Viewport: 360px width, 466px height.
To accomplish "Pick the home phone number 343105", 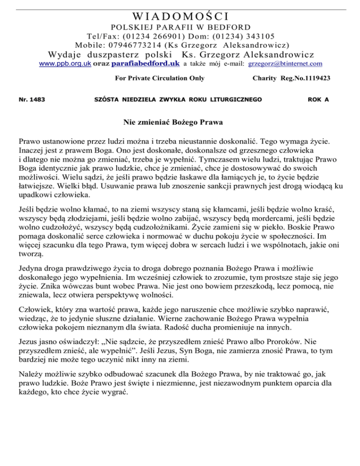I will coord(255,36).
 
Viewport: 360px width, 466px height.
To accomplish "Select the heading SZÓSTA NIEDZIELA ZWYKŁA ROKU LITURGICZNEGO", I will coord(178,99).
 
